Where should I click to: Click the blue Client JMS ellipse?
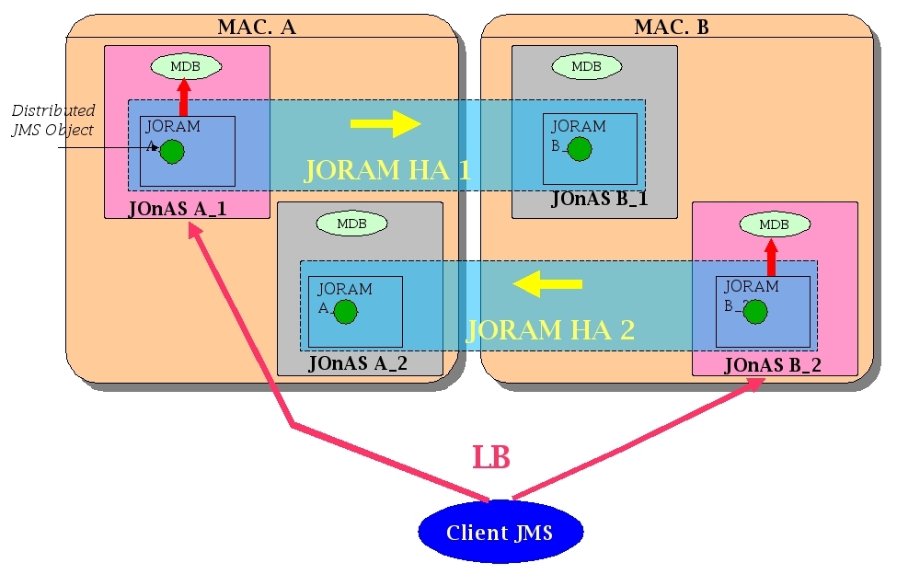pyautogui.click(x=500, y=533)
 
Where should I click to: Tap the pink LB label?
pyautogui.click(x=491, y=457)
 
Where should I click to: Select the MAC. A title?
pyautogui.click(x=256, y=27)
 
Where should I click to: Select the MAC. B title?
pyautogui.click(x=672, y=27)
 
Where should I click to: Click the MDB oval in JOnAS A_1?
pyautogui.click(x=186, y=66)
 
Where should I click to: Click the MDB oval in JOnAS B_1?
pyautogui.click(x=585, y=66)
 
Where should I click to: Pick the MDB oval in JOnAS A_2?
pyautogui.click(x=351, y=224)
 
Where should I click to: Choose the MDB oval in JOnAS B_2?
pyautogui.click(x=774, y=224)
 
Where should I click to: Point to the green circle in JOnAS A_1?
pyautogui.click(x=172, y=151)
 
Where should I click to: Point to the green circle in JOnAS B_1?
pyautogui.click(x=580, y=149)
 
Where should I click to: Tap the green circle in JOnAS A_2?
pyautogui.click(x=345, y=312)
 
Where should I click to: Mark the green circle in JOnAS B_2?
pyautogui.click(x=754, y=312)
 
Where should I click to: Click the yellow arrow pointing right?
pyautogui.click(x=386, y=123)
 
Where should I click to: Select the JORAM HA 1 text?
pyautogui.click(x=387, y=170)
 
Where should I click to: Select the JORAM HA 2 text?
pyautogui.click(x=550, y=329)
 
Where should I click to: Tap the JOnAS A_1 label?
pyautogui.click(x=178, y=210)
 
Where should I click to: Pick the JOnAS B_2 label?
pyautogui.click(x=773, y=365)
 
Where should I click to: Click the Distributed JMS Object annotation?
pyautogui.click(x=52, y=121)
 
